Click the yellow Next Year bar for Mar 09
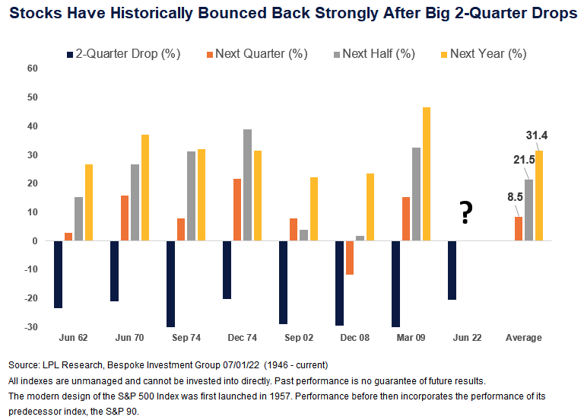tap(427, 174)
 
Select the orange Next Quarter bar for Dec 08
tap(350, 258)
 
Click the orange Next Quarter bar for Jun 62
tap(68, 237)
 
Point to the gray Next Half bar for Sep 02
tap(304, 235)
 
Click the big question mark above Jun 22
tap(462, 213)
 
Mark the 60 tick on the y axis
tap(32, 68)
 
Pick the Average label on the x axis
tap(524, 337)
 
